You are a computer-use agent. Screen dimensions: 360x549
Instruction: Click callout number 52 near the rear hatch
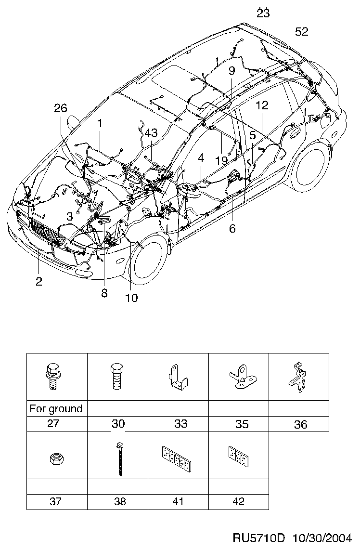pos(302,32)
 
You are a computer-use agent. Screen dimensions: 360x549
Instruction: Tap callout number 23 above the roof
pos(263,13)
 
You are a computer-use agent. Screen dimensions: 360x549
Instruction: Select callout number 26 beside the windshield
pos(61,108)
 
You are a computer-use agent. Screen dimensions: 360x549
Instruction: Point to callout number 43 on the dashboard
pos(151,133)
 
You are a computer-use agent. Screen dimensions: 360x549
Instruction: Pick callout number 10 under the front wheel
pos(131,298)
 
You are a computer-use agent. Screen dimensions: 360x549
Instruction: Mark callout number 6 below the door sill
pos(232,228)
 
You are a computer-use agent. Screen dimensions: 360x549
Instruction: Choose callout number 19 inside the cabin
pos(221,160)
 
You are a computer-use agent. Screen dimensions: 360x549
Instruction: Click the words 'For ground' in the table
pos(56,408)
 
